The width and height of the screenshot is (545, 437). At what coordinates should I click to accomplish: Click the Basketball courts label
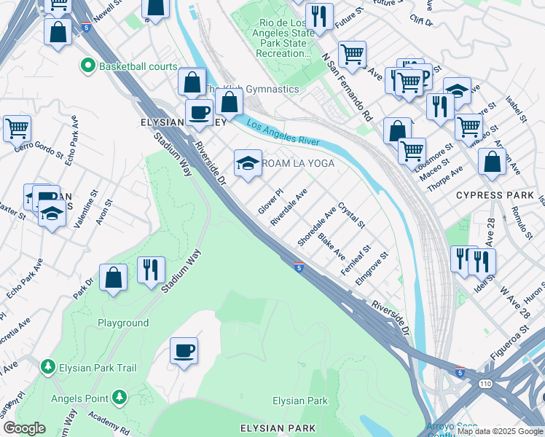[138, 66]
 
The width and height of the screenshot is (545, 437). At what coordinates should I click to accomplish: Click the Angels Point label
[78, 398]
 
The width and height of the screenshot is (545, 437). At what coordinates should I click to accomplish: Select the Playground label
[123, 323]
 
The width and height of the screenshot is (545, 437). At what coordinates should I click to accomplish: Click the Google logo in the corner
[24, 428]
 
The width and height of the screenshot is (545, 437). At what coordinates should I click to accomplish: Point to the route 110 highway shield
[485, 383]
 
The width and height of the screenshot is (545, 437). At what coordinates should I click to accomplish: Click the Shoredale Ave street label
[316, 224]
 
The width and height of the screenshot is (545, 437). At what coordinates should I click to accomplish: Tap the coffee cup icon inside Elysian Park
[184, 350]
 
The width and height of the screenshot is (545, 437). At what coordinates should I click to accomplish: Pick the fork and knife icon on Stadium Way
[151, 269]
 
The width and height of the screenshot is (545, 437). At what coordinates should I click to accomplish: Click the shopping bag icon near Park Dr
[113, 277]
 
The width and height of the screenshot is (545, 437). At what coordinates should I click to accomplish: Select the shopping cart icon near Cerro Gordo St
[17, 128]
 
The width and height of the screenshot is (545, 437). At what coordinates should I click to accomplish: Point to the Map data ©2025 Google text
[500, 431]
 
